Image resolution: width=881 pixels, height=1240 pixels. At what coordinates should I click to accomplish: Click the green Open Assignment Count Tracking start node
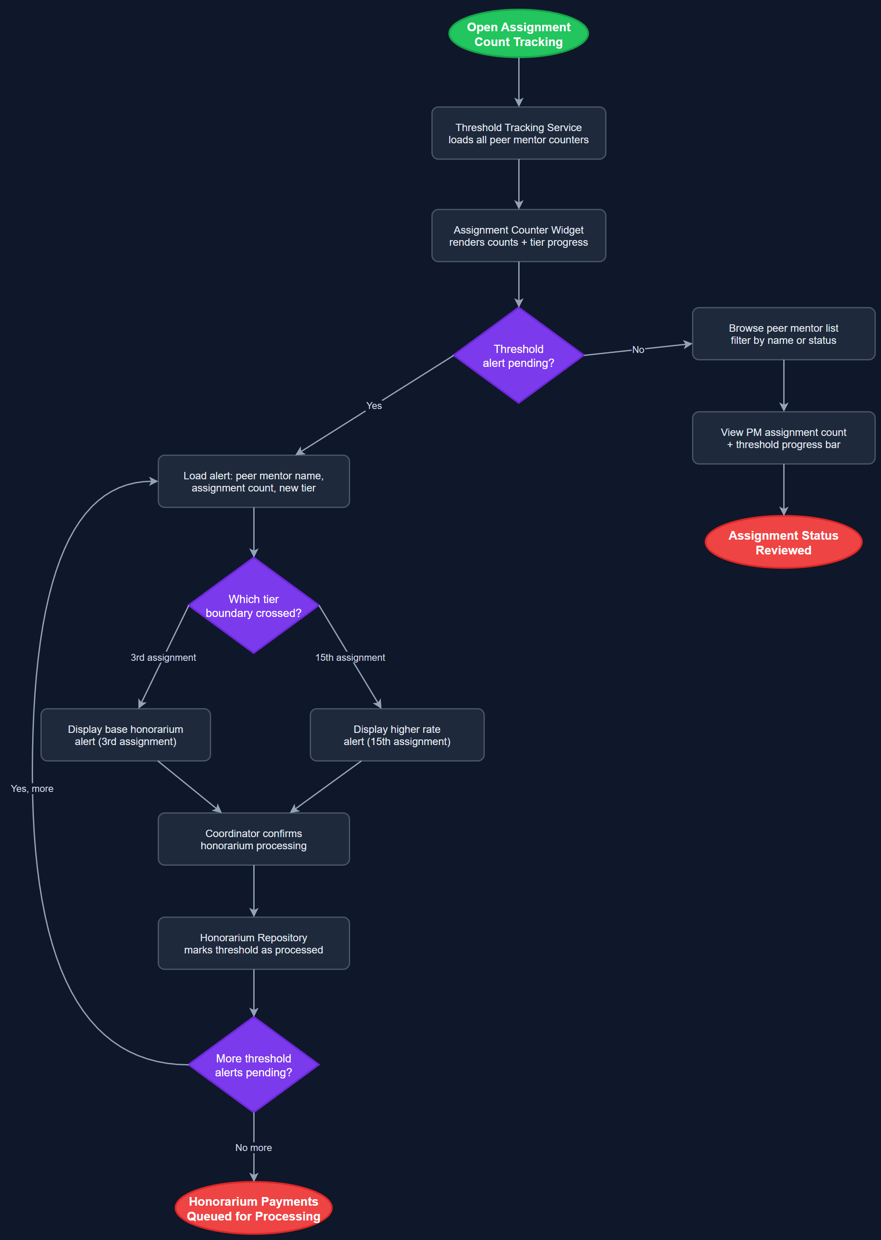[518, 33]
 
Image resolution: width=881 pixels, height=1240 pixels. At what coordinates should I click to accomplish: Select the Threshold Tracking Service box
[518, 133]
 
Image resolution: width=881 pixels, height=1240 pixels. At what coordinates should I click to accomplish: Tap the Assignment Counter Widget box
[518, 235]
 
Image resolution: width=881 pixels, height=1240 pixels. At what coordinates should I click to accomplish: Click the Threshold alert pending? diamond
[518, 356]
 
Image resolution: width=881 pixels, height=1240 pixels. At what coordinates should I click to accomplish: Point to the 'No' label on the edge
[638, 350]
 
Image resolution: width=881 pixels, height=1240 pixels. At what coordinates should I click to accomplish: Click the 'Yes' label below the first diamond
[374, 406]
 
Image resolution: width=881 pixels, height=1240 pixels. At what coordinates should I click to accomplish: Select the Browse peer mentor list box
[783, 333]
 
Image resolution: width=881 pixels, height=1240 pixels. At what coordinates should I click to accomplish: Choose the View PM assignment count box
[783, 438]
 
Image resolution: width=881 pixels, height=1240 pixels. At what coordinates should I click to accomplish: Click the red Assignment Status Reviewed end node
[783, 542]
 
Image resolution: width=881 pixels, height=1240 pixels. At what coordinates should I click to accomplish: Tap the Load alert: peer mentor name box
[253, 481]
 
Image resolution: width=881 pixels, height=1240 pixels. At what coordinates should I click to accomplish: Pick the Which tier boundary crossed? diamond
[253, 606]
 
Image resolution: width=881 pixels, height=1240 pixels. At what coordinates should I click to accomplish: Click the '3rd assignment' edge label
[163, 657]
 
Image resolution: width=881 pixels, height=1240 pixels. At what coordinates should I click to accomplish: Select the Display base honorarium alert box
[125, 735]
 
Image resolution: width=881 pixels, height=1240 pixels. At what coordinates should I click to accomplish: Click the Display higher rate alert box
[397, 735]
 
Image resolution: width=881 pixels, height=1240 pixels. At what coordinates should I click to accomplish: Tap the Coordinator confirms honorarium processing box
[253, 839]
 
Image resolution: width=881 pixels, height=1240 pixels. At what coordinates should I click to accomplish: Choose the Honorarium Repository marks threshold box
[253, 943]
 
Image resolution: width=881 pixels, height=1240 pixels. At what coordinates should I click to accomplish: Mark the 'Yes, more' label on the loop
[32, 788]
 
